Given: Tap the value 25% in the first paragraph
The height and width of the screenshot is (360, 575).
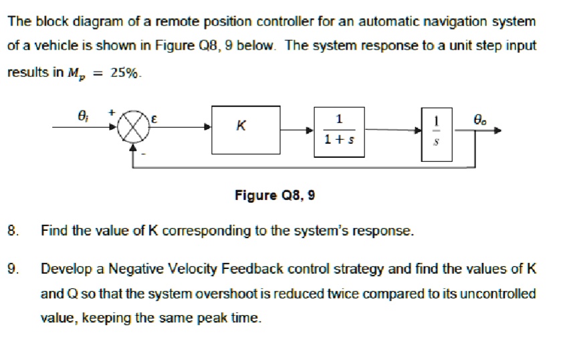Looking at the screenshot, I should (x=126, y=73).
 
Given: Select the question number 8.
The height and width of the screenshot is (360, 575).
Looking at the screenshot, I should (x=11, y=232).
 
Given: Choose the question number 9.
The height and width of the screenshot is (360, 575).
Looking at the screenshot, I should (x=11, y=269).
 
